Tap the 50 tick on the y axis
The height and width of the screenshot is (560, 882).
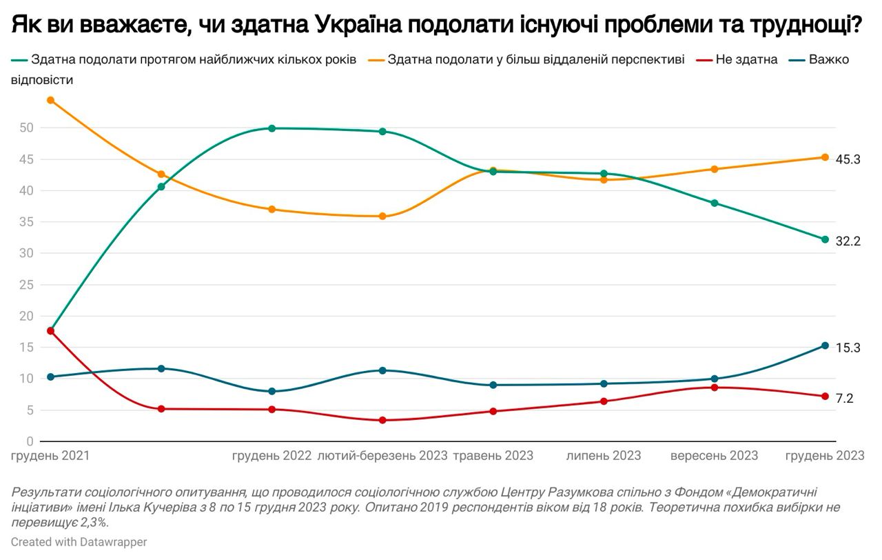pos(27,128)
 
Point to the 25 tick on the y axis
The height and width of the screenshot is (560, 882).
pos(27,285)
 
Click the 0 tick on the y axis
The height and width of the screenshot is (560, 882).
pos(30,441)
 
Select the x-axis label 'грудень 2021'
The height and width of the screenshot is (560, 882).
pos(51,456)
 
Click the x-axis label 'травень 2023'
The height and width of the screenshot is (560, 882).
pos(493,456)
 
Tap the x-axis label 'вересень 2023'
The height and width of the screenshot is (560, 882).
pos(714,456)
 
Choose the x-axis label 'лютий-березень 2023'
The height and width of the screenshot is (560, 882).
pos(382,456)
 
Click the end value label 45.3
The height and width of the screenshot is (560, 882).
pos(848,159)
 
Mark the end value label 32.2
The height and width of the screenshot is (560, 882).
pos(848,241)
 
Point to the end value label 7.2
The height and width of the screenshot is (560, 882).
pos(844,398)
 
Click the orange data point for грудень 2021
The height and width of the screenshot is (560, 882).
pos(50,100)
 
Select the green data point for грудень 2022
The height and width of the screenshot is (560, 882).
pos(271,128)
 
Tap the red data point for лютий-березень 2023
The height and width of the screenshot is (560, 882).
pos(382,420)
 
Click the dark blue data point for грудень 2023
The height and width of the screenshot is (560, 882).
pos(825,346)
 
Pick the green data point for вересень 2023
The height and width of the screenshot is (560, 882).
pos(714,203)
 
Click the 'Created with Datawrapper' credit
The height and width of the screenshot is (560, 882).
pos(79,542)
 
